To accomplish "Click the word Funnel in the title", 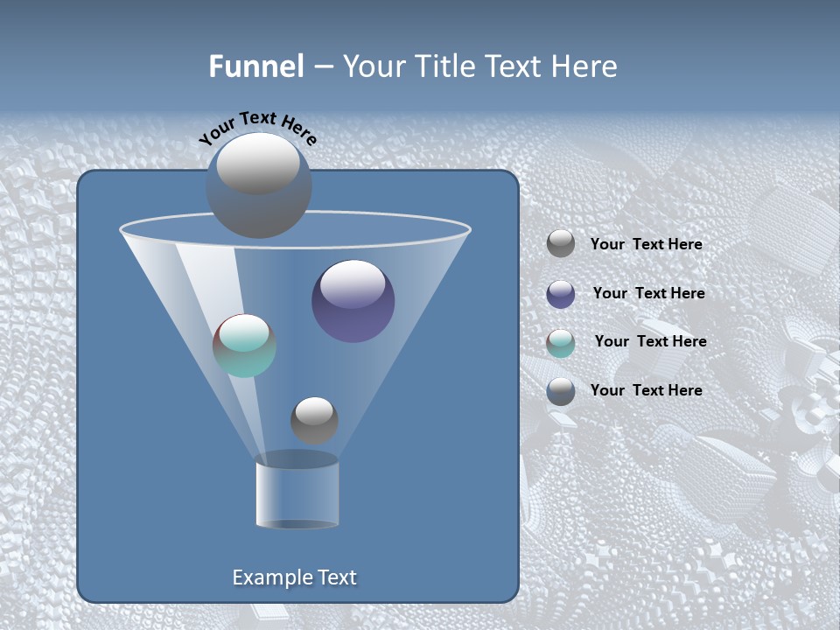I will pyautogui.click(x=255, y=66).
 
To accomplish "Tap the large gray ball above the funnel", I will pyautogui.click(x=258, y=185).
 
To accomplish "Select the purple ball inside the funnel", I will pyautogui.click(x=353, y=301).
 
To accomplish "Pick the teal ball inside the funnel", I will pyautogui.click(x=244, y=346).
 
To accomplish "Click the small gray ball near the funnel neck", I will pyautogui.click(x=314, y=420).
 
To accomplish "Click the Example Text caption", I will pyautogui.click(x=294, y=577).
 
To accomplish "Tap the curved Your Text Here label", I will pyautogui.click(x=257, y=128).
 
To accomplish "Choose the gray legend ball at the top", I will pyautogui.click(x=561, y=243).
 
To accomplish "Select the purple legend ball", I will pyautogui.click(x=561, y=294).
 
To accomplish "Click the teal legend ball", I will pyautogui.click(x=561, y=343).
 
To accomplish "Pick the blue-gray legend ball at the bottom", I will pyautogui.click(x=561, y=391).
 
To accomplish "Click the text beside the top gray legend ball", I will pyautogui.click(x=646, y=244).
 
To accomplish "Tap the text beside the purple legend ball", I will pyautogui.click(x=648, y=293).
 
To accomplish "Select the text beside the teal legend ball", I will pyautogui.click(x=650, y=341).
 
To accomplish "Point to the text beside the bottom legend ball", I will pyautogui.click(x=646, y=390).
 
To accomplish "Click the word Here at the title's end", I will pyautogui.click(x=585, y=66).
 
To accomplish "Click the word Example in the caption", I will pyautogui.click(x=269, y=577).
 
